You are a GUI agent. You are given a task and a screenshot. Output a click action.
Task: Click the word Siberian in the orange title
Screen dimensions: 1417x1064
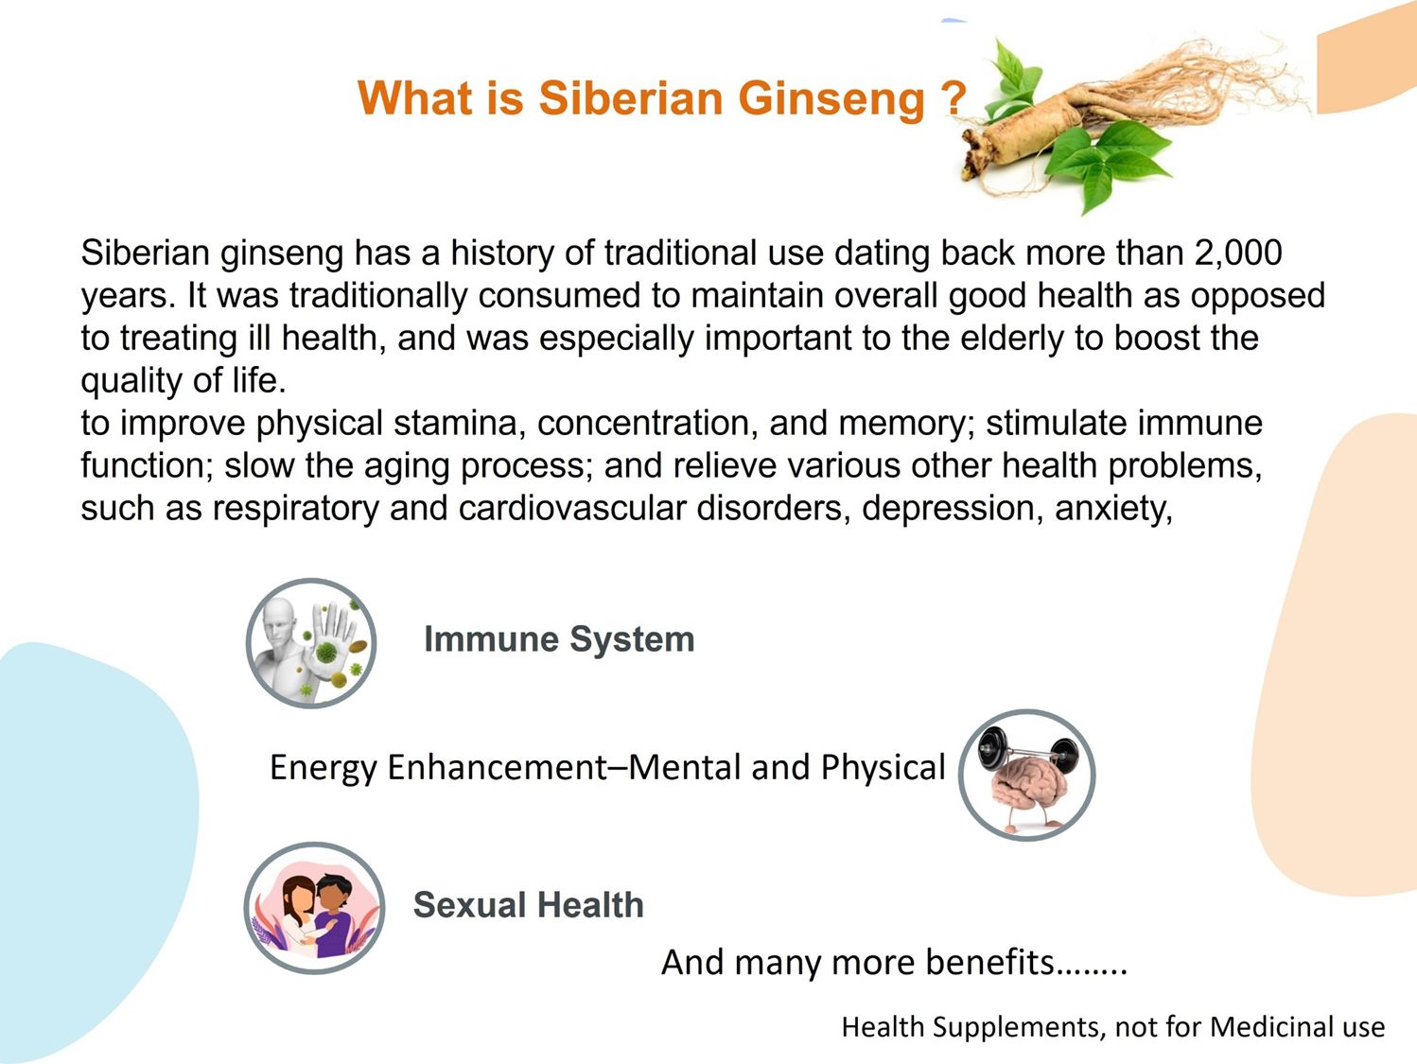pos(631,98)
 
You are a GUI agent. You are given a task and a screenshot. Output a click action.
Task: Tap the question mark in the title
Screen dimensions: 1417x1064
pos(953,98)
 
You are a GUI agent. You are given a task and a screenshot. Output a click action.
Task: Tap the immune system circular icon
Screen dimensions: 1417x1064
pos(311,643)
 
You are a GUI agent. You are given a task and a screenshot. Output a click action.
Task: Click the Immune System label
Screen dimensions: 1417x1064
pos(559,639)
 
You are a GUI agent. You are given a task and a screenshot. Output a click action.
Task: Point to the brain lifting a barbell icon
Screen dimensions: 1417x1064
pos(1026,775)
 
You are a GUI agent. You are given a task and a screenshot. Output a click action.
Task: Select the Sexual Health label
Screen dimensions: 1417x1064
pos(528,904)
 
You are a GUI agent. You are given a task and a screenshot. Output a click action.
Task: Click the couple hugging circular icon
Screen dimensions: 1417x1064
pos(314,908)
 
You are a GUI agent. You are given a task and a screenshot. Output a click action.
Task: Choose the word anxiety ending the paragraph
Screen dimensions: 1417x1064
pos(1113,510)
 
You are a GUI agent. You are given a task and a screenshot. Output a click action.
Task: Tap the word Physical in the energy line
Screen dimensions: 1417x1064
pos(883,769)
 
